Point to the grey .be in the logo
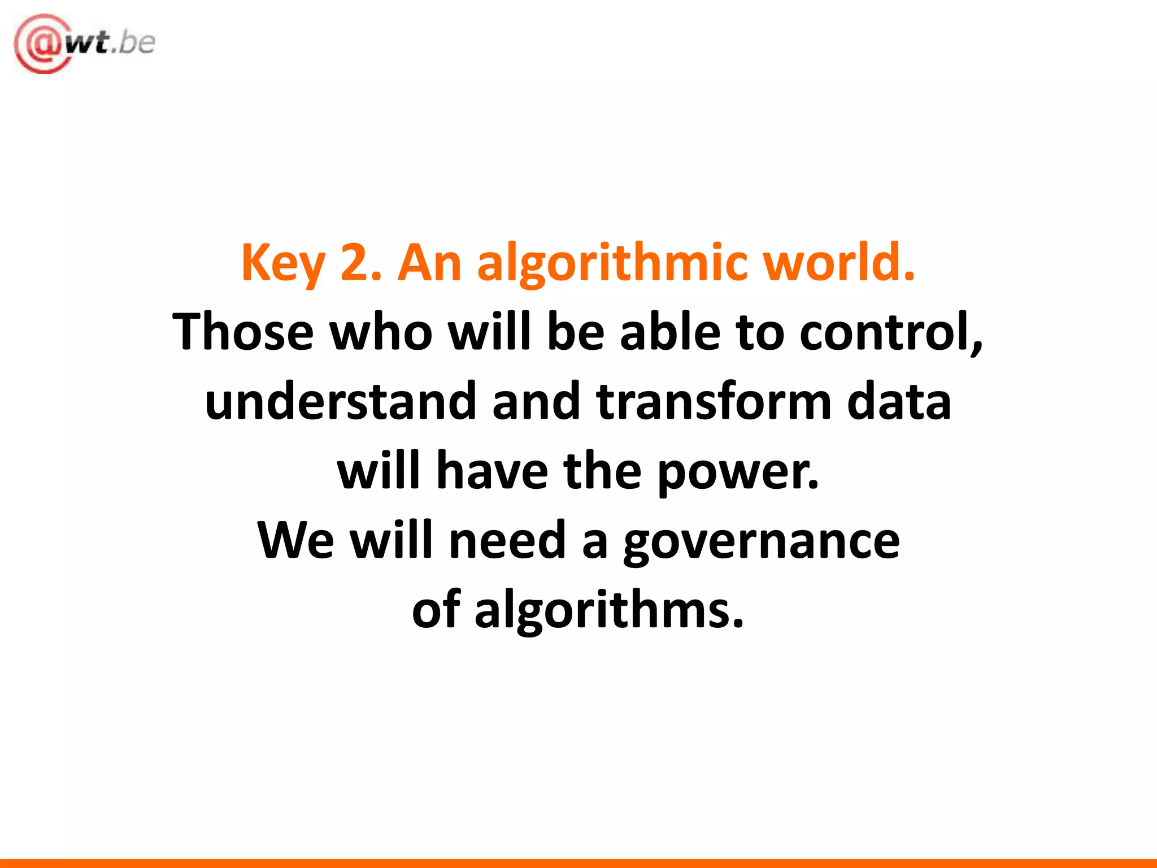click(x=133, y=43)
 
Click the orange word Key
click(x=283, y=263)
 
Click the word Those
click(x=243, y=332)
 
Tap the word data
click(x=899, y=401)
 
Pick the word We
click(x=295, y=540)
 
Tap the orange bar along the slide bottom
click(x=578, y=863)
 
